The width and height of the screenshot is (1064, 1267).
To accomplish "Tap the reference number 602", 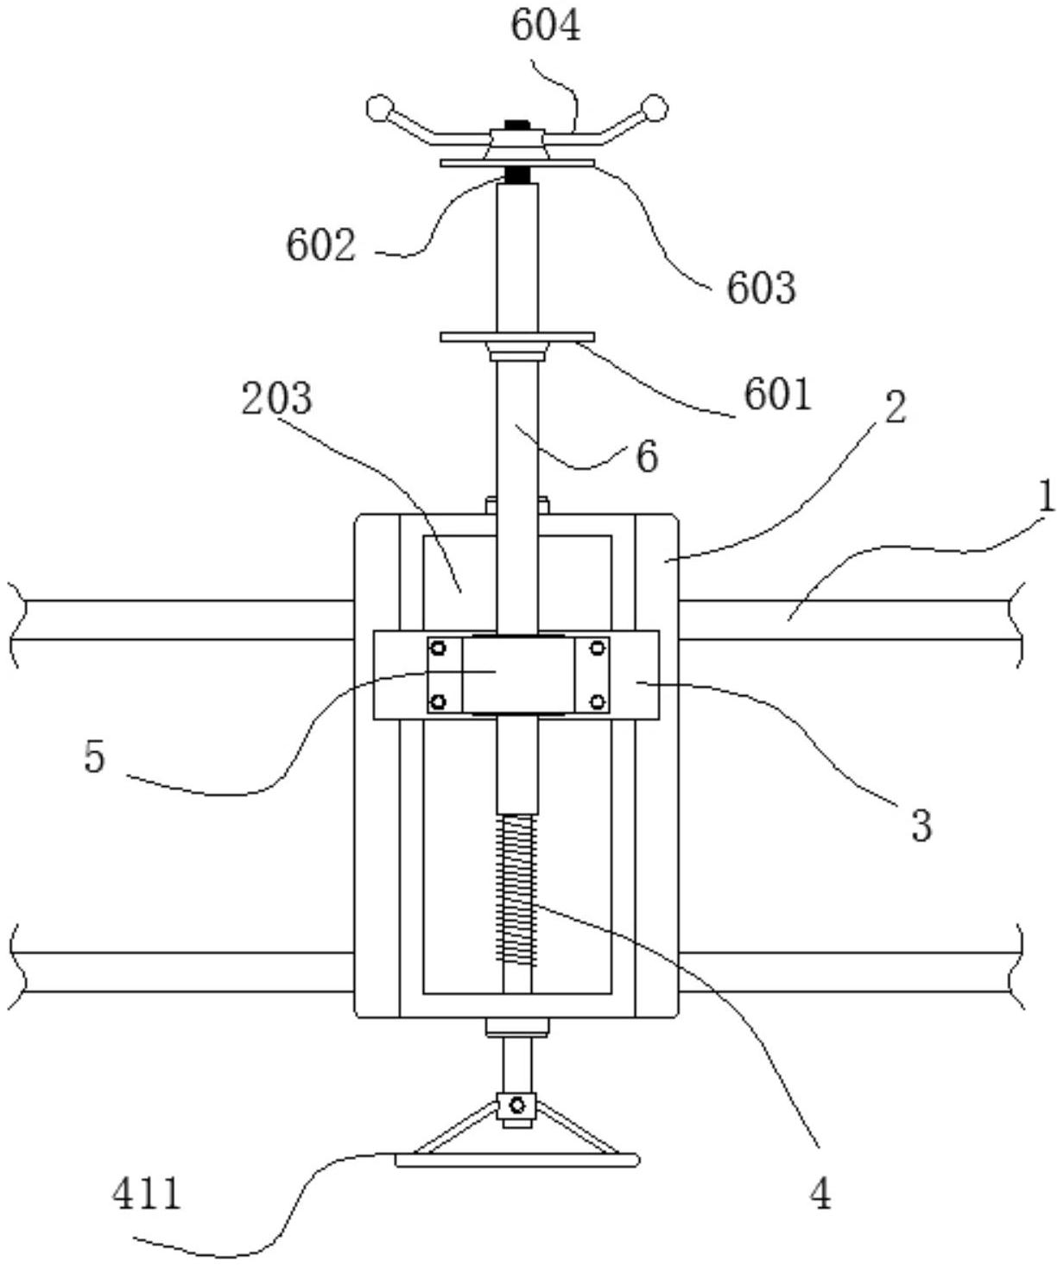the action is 320,246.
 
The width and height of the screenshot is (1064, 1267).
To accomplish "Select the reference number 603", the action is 761,288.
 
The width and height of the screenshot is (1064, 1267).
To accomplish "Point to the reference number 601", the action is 778,395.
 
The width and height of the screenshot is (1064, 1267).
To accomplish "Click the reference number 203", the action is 276,398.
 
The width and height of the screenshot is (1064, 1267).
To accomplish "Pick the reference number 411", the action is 147,1193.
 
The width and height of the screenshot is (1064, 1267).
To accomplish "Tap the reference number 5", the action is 95,758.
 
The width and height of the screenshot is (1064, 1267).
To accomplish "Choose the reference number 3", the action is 922,826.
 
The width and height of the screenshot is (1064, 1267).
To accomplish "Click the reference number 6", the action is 647,457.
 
